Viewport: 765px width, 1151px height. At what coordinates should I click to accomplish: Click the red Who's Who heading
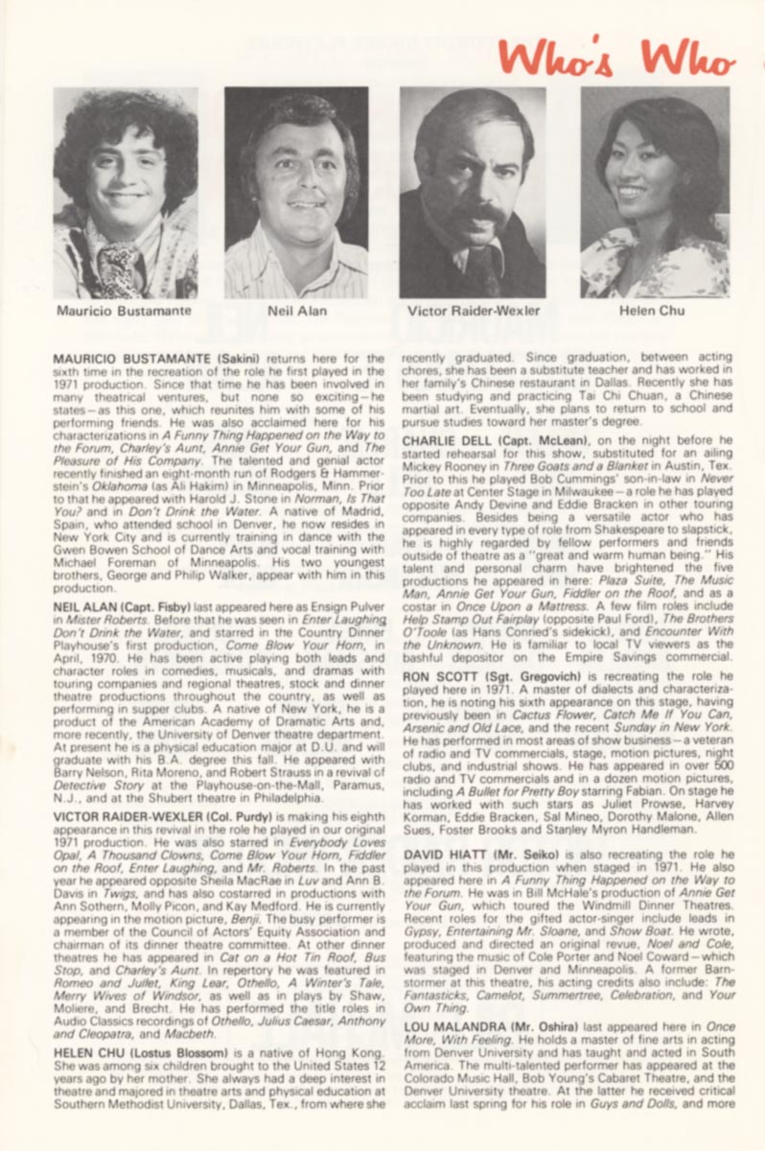616,59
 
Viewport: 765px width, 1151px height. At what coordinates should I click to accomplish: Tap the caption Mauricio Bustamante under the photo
124,311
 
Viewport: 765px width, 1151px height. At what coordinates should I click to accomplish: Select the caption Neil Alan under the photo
298,311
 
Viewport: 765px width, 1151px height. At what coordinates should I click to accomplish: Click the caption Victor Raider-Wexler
474,311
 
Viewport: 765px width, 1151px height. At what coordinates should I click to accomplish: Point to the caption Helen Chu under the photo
653,311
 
